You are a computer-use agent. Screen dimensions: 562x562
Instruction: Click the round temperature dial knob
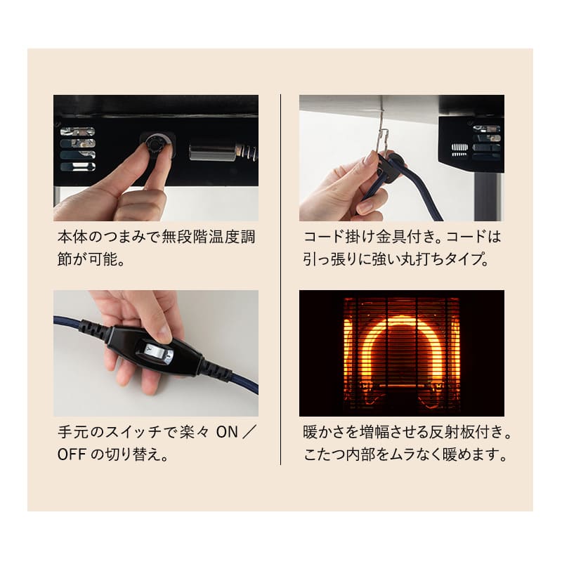pyautogui.click(x=155, y=145)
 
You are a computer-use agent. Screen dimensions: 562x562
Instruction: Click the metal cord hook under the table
pyautogui.click(x=383, y=137)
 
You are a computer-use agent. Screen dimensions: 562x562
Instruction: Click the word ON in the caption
pyautogui.click(x=227, y=432)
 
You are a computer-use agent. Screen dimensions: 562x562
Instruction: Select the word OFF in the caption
pyautogui.click(x=72, y=455)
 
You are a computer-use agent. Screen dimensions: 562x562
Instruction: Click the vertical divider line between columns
pyautogui.click(x=280, y=280)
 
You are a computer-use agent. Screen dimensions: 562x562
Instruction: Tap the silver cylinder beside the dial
pyautogui.click(x=212, y=152)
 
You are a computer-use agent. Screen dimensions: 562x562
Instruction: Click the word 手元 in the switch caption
pyautogui.click(x=73, y=432)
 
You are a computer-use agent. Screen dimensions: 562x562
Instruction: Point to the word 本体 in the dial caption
pyautogui.click(x=73, y=237)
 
